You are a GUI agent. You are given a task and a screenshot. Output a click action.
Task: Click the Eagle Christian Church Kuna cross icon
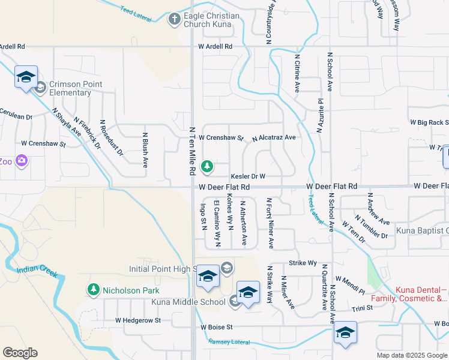175,19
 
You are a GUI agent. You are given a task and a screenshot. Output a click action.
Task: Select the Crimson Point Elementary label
76,88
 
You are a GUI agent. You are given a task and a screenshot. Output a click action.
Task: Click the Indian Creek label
37,271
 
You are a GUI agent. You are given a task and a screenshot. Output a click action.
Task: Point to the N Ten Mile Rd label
193,150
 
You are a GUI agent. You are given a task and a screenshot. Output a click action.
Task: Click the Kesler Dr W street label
248,176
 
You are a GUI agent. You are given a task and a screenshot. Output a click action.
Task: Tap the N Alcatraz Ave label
274,138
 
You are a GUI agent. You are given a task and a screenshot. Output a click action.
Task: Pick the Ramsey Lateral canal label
229,342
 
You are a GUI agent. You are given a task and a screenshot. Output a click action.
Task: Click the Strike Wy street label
303,263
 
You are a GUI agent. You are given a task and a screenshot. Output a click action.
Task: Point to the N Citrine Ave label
297,73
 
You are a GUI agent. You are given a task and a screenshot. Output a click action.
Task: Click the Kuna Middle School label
188,302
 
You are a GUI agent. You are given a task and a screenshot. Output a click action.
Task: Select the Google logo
20,352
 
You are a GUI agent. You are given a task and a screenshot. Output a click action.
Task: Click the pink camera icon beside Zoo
22,160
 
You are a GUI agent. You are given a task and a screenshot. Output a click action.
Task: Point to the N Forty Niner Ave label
270,223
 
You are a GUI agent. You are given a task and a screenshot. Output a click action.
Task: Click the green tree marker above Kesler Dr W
207,166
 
